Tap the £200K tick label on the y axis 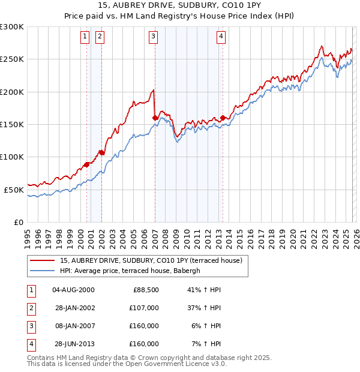pos(12,92)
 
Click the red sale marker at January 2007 pos(155,118)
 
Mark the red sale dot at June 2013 pos(223,118)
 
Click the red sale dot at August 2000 pos(87,164)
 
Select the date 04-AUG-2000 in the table pos(73,290)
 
